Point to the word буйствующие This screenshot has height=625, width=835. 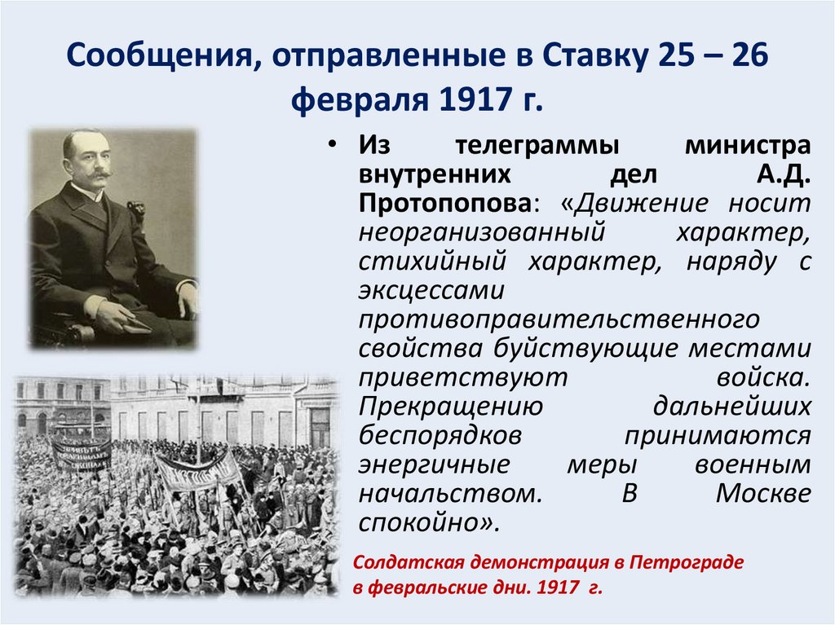[578, 348]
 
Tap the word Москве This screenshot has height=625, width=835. [763, 493]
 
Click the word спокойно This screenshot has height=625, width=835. [421, 522]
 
